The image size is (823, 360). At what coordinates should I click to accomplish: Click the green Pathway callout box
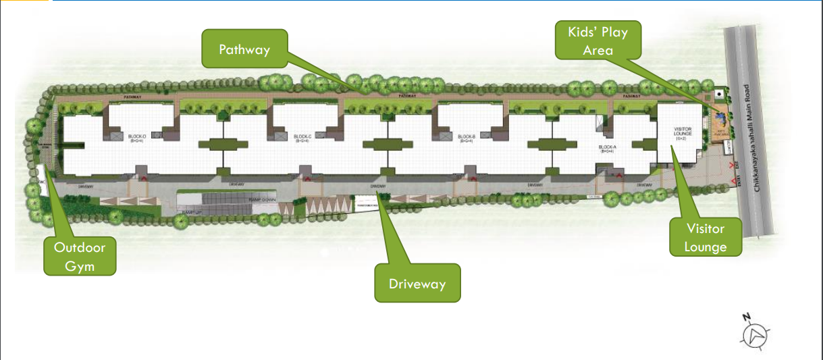(x=244, y=49)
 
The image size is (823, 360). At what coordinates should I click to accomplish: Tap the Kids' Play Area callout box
(x=598, y=42)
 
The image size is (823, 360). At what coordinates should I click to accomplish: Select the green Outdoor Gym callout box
(x=80, y=256)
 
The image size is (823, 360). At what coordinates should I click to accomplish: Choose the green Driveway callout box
(x=417, y=283)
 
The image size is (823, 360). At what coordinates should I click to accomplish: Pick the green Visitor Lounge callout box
(x=705, y=238)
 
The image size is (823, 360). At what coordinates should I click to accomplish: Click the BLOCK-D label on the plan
(x=137, y=137)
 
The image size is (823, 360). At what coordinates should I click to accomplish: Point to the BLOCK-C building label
(x=302, y=137)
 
